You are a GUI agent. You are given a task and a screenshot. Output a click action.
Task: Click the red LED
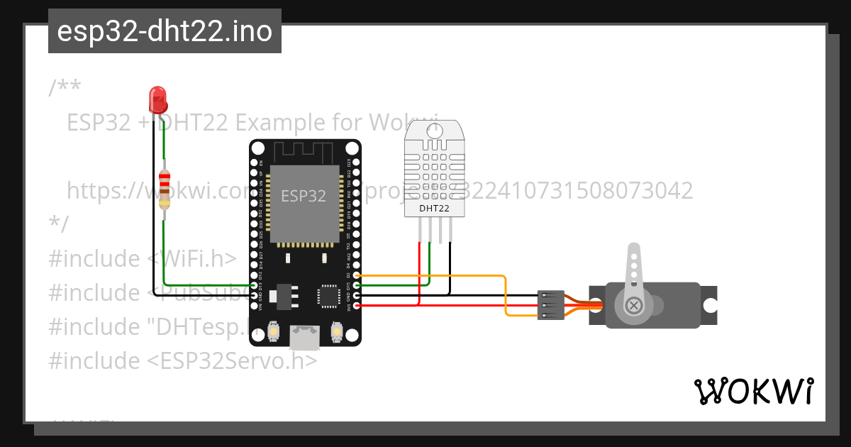click(157, 99)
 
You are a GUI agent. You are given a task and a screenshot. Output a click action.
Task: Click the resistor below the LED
click(165, 189)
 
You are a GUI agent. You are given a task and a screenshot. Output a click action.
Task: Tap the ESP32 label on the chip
click(304, 196)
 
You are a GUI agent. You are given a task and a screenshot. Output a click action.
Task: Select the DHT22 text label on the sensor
click(434, 208)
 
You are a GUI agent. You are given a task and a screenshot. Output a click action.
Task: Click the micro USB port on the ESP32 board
click(304, 338)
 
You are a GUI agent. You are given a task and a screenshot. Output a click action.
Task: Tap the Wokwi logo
click(753, 391)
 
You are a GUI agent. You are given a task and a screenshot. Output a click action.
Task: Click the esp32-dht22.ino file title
click(165, 31)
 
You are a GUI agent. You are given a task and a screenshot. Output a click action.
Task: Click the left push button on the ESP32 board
click(273, 331)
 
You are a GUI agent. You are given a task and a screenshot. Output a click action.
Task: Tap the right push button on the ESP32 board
click(338, 331)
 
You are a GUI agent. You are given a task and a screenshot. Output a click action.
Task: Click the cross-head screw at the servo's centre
click(634, 306)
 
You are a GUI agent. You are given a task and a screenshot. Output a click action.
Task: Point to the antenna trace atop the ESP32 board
click(304, 151)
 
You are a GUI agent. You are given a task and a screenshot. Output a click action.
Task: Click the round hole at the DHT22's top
click(434, 131)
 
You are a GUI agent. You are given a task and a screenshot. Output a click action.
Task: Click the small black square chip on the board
click(329, 295)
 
